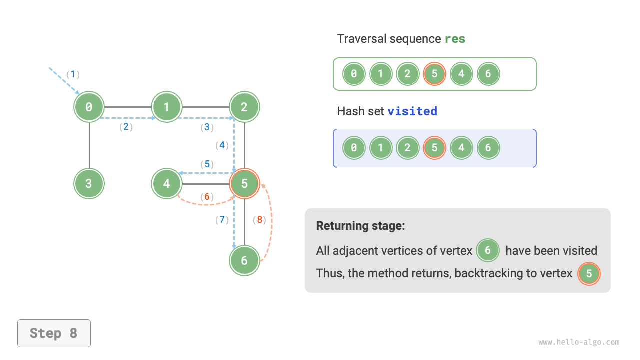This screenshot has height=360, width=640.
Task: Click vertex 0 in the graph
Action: (89, 107)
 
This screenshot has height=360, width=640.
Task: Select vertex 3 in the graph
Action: (89, 183)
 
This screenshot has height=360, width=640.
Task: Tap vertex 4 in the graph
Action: (167, 183)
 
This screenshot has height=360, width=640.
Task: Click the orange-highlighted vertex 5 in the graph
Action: (244, 183)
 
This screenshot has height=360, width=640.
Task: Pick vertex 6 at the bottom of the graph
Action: (244, 260)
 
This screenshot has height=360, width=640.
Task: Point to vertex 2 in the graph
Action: (244, 107)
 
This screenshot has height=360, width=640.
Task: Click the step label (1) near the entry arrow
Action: (73, 74)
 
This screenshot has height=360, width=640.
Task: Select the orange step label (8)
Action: (260, 219)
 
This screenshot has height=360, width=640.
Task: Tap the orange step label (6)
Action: (207, 197)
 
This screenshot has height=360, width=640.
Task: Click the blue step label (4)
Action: (222, 145)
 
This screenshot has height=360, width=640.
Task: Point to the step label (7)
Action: (222, 219)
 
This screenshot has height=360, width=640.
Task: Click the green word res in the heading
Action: (455, 39)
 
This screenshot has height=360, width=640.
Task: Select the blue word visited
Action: (412, 111)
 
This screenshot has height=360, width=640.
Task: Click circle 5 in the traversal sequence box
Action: (434, 74)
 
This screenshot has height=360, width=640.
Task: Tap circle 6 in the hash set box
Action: (488, 148)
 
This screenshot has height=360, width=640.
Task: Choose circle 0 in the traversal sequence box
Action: (354, 74)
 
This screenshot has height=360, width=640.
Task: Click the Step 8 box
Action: (54, 333)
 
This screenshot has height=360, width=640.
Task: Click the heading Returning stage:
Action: (360, 226)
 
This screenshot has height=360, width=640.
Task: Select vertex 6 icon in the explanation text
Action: (488, 250)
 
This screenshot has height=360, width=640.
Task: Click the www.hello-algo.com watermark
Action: (579, 342)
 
